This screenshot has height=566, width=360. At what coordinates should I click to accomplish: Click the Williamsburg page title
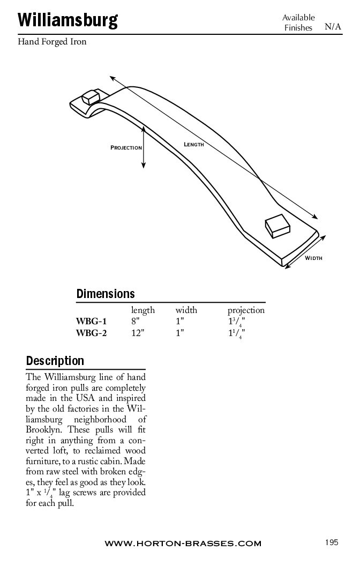[67, 20]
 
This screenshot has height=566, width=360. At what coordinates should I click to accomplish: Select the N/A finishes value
[333, 27]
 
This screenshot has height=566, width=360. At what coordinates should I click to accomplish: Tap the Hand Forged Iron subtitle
[52, 42]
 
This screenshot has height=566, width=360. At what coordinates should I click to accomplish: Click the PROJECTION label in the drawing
[126, 147]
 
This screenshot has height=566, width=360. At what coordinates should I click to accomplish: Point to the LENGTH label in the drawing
[193, 145]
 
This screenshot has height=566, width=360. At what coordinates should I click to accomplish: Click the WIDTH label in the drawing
[313, 258]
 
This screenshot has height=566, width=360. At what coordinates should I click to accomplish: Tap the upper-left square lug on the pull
[90, 98]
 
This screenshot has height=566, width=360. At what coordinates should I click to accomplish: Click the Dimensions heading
[106, 294]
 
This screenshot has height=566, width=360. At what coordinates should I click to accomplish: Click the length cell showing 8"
[136, 322]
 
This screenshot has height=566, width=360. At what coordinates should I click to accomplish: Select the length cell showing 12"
[138, 333]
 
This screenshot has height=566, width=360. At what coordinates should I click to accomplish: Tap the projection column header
[246, 310]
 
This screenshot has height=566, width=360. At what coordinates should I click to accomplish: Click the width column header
[186, 310]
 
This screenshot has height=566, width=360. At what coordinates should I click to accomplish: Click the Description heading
[55, 361]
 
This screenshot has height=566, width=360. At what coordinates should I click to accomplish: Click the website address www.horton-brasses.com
[183, 543]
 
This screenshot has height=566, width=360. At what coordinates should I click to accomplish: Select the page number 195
[332, 542]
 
